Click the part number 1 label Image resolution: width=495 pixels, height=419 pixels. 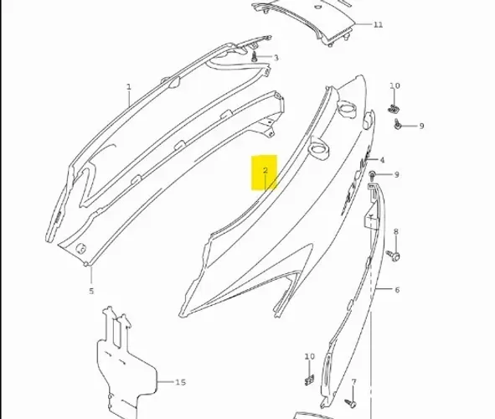point(128,87)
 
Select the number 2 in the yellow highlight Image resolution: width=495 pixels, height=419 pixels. point(266,170)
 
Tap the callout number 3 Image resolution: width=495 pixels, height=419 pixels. point(276,58)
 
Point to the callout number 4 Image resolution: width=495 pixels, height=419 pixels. point(382,160)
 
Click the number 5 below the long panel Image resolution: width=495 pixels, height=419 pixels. point(91,291)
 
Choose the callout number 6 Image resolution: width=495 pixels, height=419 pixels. point(397,290)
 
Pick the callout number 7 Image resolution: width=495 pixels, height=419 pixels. point(353,382)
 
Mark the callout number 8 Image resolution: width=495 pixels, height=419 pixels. point(396,232)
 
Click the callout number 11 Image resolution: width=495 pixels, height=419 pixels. point(379,24)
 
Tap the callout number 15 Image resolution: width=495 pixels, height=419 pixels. point(180,382)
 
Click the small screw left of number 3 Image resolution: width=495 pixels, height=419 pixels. point(255,58)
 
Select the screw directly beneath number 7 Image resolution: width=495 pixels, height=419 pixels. point(351,402)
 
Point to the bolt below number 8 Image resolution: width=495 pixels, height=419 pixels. point(394,255)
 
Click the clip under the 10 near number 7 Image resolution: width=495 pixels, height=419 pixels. point(309,380)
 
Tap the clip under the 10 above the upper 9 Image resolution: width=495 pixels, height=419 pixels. point(394,109)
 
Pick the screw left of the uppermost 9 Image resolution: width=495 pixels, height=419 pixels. point(398,125)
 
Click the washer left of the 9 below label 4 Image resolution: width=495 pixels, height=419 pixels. point(373,174)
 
